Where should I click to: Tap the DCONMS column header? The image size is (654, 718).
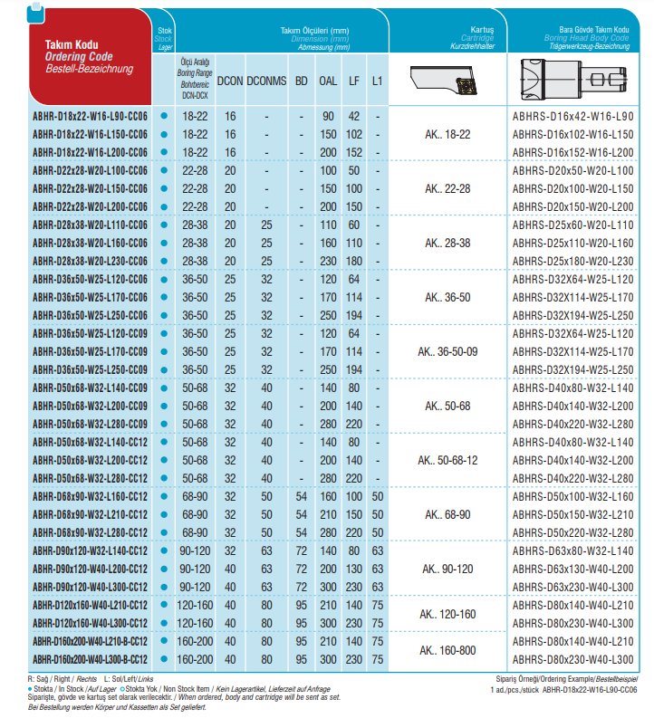coord(265,81)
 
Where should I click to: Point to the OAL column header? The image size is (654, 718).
coord(328,81)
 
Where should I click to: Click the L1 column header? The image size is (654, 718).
coord(378,81)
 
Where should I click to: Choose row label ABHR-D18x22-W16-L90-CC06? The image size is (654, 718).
coord(90,117)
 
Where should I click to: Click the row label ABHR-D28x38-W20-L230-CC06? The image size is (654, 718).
coord(90,260)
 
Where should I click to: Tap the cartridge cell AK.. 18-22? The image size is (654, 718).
coord(447,134)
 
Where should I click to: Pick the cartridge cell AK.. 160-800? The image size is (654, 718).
coord(447,650)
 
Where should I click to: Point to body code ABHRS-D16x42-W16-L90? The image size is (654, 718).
coord(573,117)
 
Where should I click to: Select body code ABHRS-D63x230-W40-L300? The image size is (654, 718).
coord(573,588)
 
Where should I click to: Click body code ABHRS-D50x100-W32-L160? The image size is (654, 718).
coord(573,498)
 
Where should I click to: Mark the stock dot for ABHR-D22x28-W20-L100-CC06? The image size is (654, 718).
coord(163,170)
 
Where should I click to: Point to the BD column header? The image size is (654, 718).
coord(302,81)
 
